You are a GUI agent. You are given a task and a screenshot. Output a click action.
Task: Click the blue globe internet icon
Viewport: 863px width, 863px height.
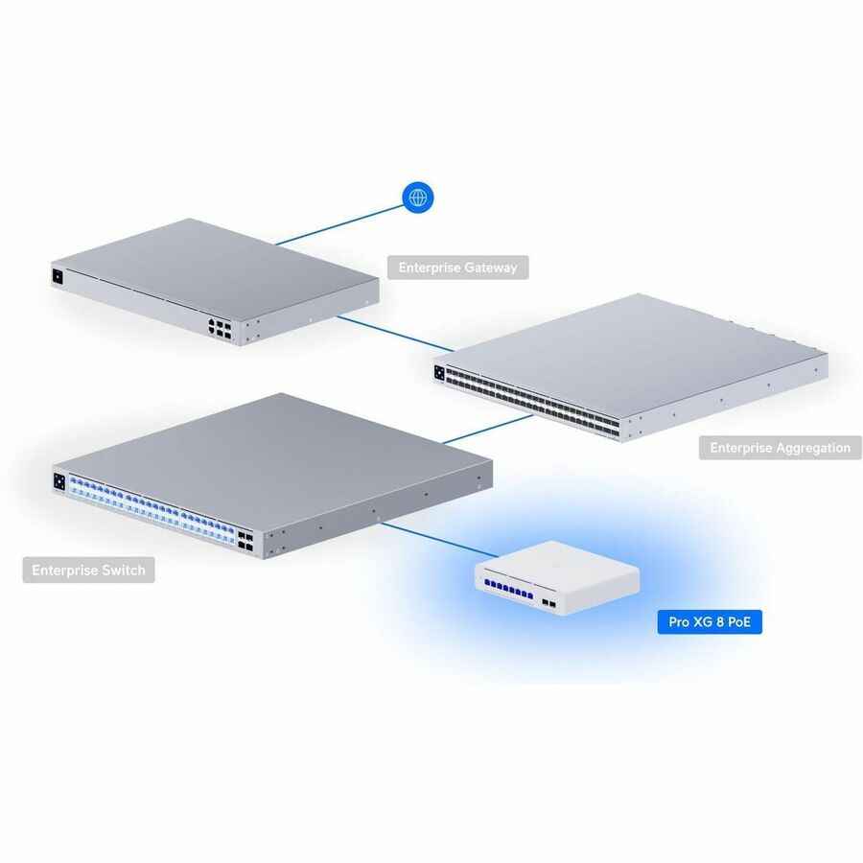click(417, 198)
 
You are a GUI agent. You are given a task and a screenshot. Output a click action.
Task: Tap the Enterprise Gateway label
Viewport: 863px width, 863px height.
click(457, 268)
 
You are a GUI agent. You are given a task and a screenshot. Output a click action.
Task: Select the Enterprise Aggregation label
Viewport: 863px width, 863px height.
click(780, 447)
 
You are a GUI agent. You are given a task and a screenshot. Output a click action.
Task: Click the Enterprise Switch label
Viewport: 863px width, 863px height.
click(88, 571)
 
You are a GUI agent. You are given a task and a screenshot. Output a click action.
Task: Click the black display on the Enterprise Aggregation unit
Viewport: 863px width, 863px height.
click(440, 373)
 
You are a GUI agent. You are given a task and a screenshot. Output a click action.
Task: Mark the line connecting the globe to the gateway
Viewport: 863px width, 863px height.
click(340, 223)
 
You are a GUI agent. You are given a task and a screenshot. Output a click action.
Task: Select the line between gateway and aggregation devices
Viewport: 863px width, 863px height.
click(393, 333)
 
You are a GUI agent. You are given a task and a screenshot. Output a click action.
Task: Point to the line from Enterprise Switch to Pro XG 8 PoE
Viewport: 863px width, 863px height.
click(437, 542)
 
